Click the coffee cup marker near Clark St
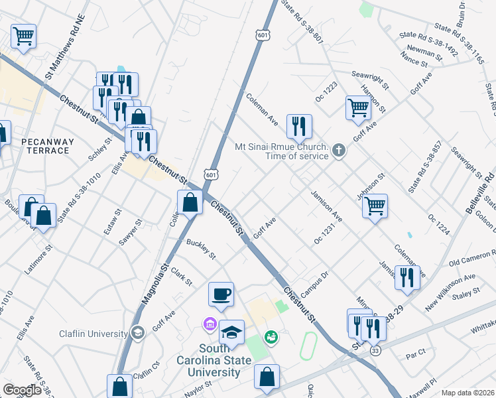(x=221, y=294)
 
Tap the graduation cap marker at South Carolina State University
(x=231, y=332)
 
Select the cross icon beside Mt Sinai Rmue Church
(x=339, y=150)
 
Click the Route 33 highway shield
(x=375, y=351)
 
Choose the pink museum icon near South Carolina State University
(x=210, y=324)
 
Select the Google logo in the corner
(x=22, y=390)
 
